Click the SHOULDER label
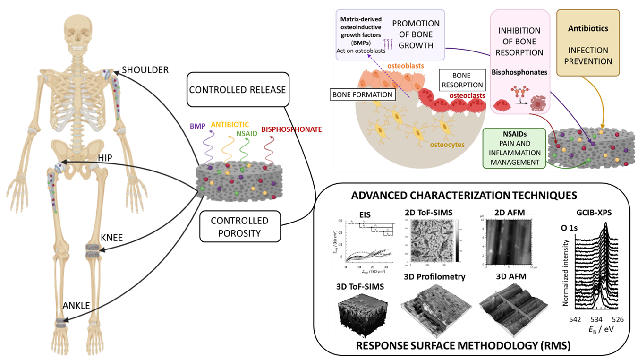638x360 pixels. (145, 70)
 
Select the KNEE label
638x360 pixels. (111, 238)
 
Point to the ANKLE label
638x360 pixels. (76, 306)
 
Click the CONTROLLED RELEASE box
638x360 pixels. (238, 90)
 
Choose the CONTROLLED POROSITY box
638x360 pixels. (239, 226)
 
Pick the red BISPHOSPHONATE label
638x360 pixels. (291, 129)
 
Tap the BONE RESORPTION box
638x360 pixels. (461, 80)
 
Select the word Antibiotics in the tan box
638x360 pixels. (588, 28)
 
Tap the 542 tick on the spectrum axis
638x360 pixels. (575, 319)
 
